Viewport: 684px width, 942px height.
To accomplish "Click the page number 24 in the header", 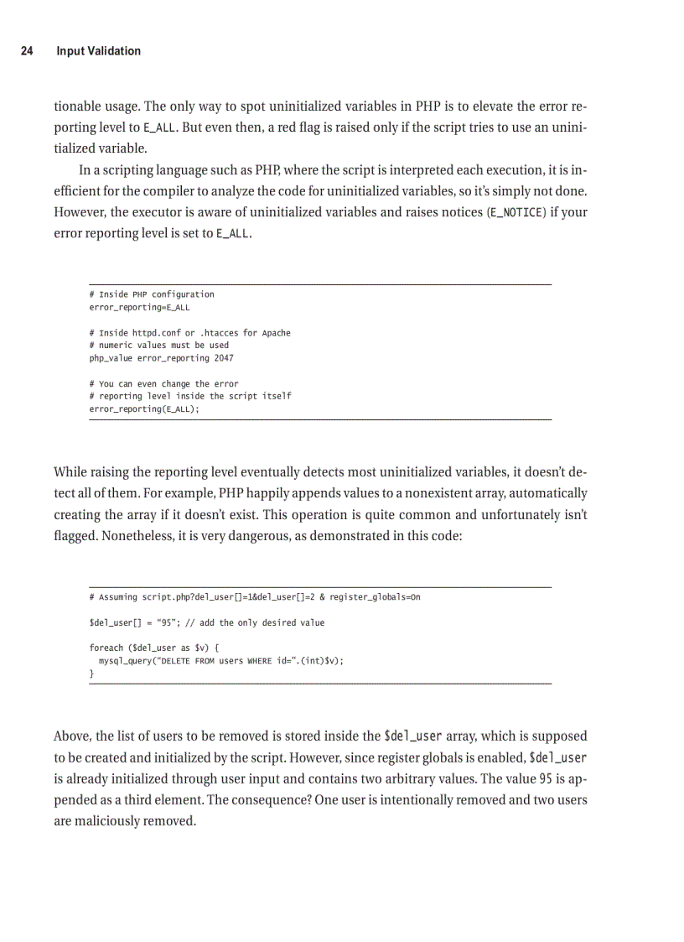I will (27, 51).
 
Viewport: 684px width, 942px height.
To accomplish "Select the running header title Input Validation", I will (98, 51).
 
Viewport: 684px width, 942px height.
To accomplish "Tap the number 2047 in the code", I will (224, 358).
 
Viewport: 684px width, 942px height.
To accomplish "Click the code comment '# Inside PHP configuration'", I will (152, 294).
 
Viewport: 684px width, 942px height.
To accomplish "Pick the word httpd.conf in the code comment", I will (153, 333).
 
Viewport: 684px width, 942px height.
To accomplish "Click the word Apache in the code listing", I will (276, 333).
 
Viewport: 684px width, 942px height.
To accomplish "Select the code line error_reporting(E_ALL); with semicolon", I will (144, 409).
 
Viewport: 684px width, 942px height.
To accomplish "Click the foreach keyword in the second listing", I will (106, 648).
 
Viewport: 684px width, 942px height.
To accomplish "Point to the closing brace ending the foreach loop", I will (91, 674).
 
